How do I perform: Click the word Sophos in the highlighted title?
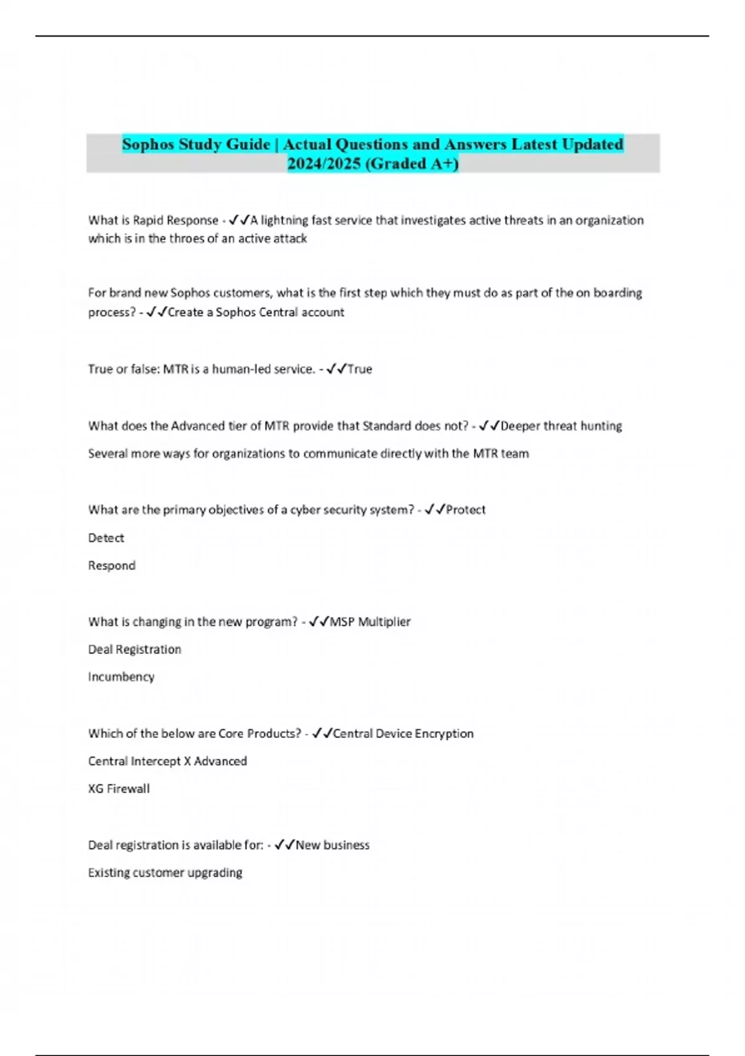tap(148, 144)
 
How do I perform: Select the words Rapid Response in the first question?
tap(176, 220)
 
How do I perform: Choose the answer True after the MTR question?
tap(359, 369)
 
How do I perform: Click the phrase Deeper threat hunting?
tap(561, 426)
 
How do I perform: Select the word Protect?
tap(466, 510)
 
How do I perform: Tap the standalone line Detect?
tap(106, 538)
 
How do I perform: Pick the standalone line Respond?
tap(112, 565)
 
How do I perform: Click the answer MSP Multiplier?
tap(370, 622)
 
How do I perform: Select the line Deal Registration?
tap(135, 649)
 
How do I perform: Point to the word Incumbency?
tap(121, 676)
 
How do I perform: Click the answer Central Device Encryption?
tap(403, 734)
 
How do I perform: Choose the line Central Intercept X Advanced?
tap(168, 761)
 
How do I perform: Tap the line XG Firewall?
tap(119, 788)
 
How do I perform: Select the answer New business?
tap(332, 845)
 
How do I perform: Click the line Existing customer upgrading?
tap(165, 872)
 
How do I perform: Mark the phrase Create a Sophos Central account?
tap(256, 312)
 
